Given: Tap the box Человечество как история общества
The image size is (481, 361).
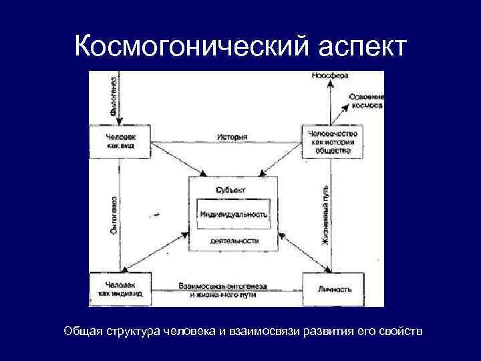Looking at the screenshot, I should pyautogui.click(x=330, y=141).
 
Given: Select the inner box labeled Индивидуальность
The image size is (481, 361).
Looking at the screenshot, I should pyautogui.click(x=233, y=215).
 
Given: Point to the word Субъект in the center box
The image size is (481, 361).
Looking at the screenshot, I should pyautogui.click(x=230, y=190).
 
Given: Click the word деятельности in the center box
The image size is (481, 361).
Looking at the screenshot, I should pyautogui.click(x=234, y=241).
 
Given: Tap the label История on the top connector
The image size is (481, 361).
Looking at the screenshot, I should pyautogui.click(x=232, y=136).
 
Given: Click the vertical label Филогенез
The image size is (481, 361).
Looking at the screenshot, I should pyautogui.click(x=114, y=98).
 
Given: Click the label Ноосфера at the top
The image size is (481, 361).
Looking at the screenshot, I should pyautogui.click(x=330, y=76).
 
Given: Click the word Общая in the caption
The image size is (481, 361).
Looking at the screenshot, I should pyautogui.click(x=83, y=332).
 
